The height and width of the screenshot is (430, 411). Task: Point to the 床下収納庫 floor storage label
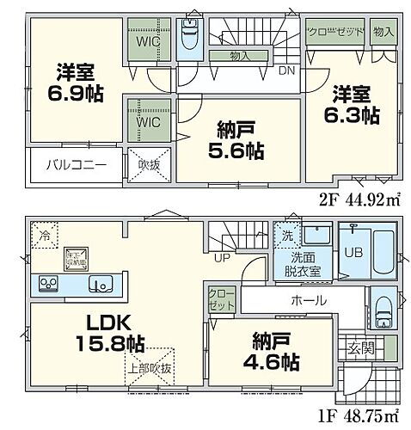click(x=74, y=256)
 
